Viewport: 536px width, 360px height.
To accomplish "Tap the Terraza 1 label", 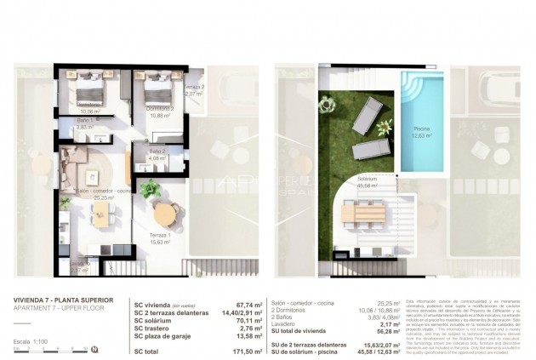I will click(158, 237).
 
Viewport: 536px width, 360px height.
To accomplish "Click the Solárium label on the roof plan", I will click(368, 179).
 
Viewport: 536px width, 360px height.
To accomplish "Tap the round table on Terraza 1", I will click(163, 211).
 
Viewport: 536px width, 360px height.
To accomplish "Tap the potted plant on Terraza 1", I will click(150, 187).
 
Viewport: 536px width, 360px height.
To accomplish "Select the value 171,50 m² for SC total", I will click(245, 350).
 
